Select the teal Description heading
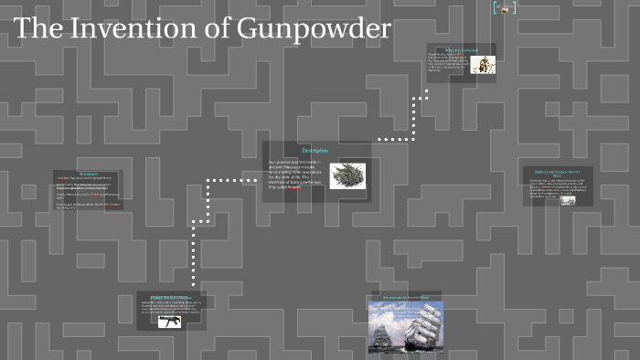point(315,150)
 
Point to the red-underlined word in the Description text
point(293,187)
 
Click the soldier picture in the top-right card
point(484,64)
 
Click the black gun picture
point(169,321)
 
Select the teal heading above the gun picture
point(171,298)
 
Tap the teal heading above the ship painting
point(405,297)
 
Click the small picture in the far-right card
point(568,200)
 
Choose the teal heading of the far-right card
point(558,173)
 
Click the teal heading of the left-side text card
point(89,173)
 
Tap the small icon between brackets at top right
point(504,8)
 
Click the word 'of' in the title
point(219,29)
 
